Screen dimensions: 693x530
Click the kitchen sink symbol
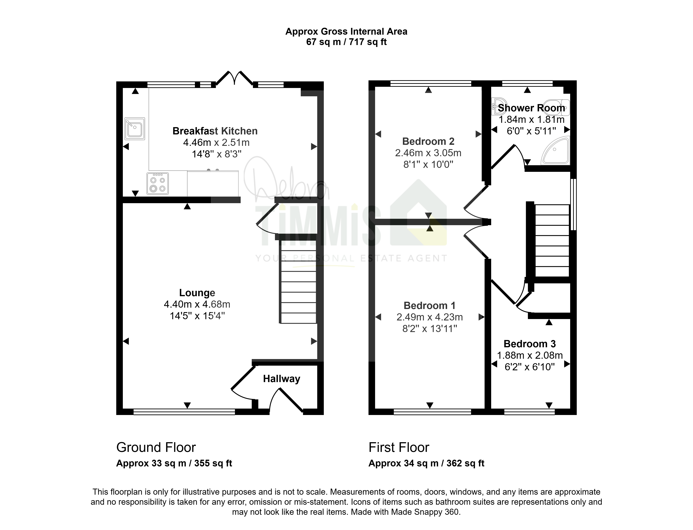135,129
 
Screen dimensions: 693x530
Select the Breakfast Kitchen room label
215,131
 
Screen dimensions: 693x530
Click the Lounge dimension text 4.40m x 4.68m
197,304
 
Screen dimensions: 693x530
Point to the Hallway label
282,379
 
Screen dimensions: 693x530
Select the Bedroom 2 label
428,141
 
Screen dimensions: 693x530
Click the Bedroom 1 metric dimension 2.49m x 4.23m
429,317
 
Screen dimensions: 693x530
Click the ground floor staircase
298,282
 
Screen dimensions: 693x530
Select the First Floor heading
399,447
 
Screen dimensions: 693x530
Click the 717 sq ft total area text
368,42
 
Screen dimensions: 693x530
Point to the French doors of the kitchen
234,78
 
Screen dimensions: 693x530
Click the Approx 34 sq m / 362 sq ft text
426,463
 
